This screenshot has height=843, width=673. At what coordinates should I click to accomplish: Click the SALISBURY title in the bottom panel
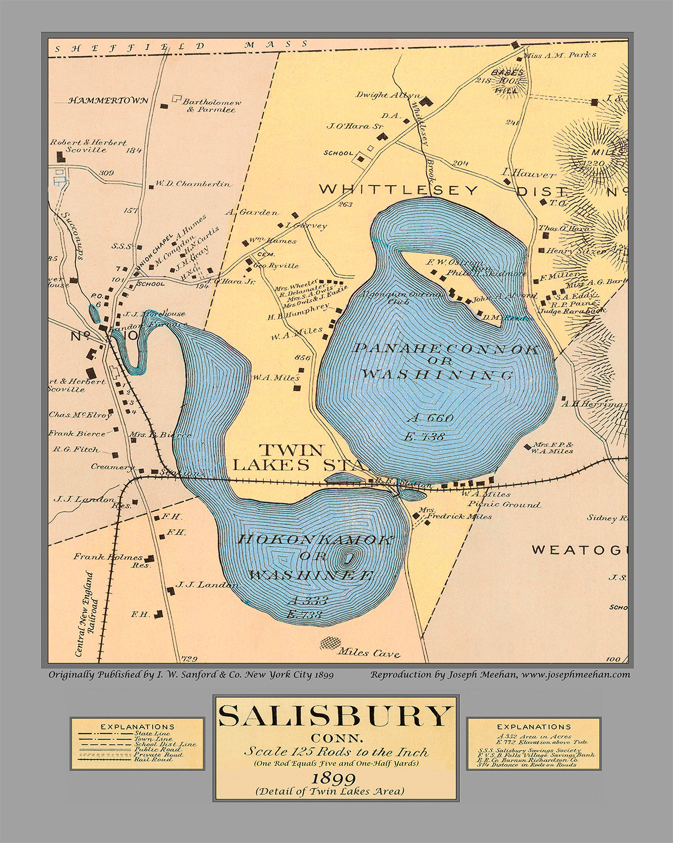(335, 716)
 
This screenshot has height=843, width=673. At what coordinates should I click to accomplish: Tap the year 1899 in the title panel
(335, 778)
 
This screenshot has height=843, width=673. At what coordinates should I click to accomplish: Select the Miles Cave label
(369, 653)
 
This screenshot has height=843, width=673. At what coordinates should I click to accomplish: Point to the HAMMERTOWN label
(108, 100)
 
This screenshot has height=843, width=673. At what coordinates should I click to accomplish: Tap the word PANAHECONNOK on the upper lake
(446, 349)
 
